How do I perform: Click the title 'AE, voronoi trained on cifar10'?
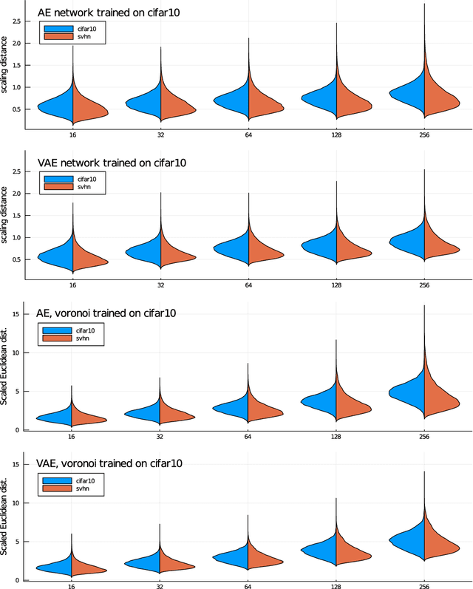click(106, 313)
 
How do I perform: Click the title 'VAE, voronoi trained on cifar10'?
click(109, 463)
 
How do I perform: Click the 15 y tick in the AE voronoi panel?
click(16, 314)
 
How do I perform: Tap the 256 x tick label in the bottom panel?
click(424, 586)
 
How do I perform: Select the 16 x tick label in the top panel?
click(72, 136)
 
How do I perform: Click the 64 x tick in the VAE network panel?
click(248, 286)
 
